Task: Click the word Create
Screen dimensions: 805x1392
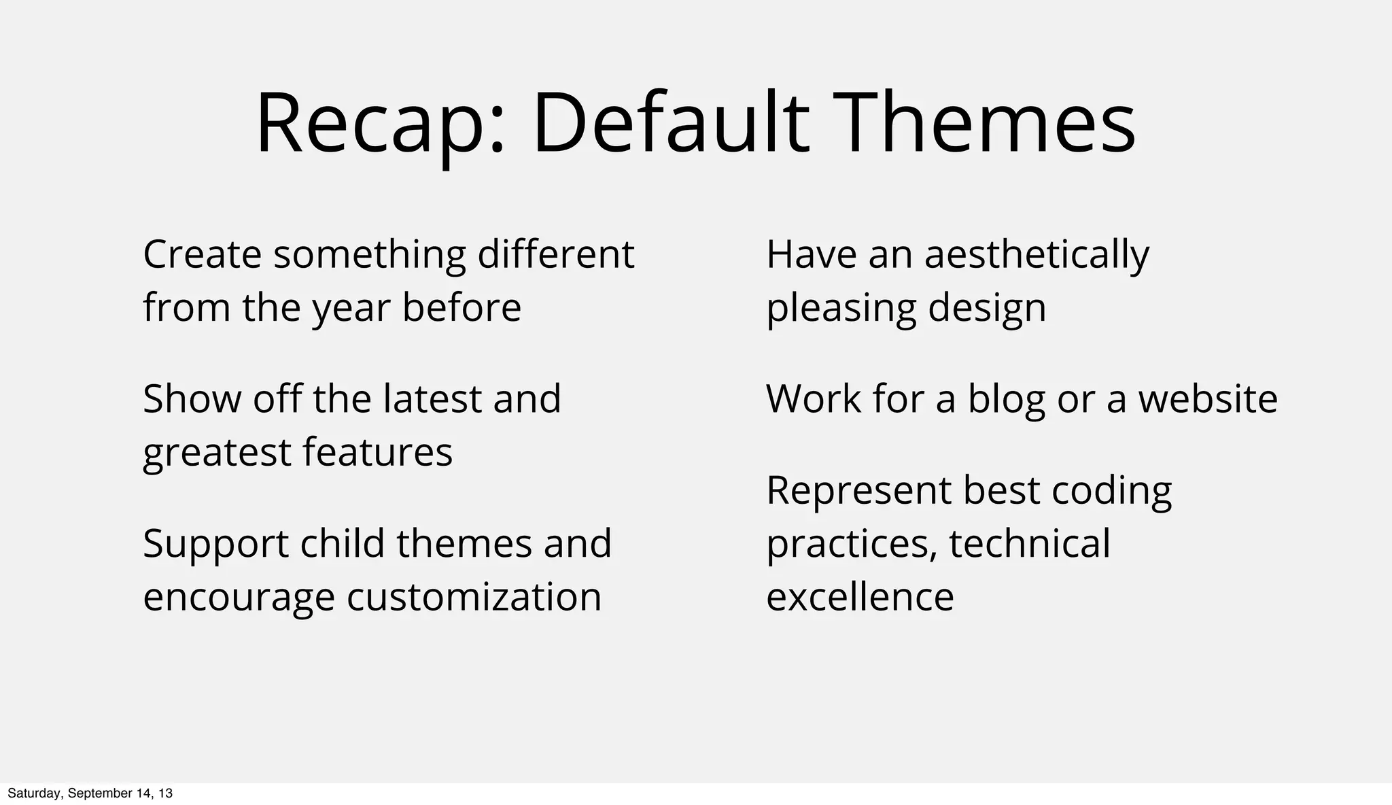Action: pos(202,254)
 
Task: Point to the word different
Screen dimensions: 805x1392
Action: pos(555,254)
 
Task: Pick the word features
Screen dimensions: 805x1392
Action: pos(377,452)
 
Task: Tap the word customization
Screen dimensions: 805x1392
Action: pos(474,597)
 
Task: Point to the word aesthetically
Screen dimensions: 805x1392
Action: pos(1037,256)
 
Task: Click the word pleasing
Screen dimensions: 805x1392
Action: pos(840,309)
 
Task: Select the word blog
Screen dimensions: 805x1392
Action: pos(1006,400)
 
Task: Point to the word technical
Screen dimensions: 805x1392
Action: pos(1029,543)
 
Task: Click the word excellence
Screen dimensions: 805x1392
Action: pos(860,597)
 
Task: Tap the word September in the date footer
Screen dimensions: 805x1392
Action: pos(101,793)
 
